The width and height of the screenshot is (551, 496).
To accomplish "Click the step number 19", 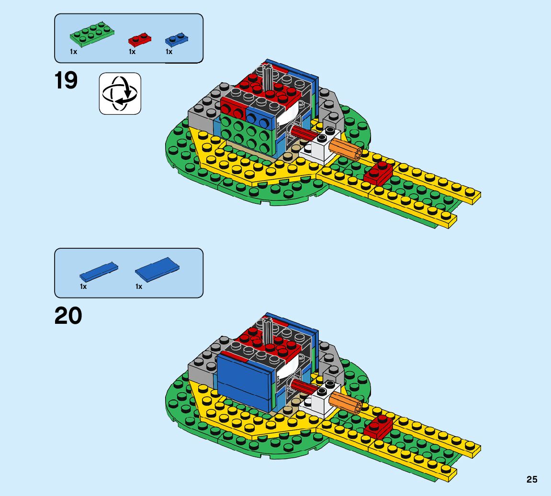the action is [x=66, y=81].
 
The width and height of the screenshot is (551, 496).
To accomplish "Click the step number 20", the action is [x=68, y=316].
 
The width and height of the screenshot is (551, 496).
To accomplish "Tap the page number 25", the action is [x=532, y=479].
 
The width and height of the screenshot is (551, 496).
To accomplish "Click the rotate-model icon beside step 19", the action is [x=120, y=93].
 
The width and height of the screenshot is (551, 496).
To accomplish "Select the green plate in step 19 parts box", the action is [x=92, y=35].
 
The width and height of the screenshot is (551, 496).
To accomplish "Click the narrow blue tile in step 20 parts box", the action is [x=99, y=271].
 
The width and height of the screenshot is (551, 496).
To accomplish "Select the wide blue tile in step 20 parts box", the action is [x=157, y=269].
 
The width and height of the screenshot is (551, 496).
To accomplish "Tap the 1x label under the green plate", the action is [x=73, y=52].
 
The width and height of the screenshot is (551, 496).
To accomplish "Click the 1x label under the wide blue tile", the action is [x=139, y=287].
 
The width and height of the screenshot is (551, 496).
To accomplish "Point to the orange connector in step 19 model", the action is [x=346, y=150].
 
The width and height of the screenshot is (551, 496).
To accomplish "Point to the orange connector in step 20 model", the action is [x=346, y=402].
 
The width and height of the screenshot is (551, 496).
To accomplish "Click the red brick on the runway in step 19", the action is [x=378, y=173].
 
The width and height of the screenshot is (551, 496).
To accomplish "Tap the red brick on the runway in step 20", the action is [x=378, y=427].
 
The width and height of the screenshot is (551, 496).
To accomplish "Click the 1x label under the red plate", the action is [x=132, y=52].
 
